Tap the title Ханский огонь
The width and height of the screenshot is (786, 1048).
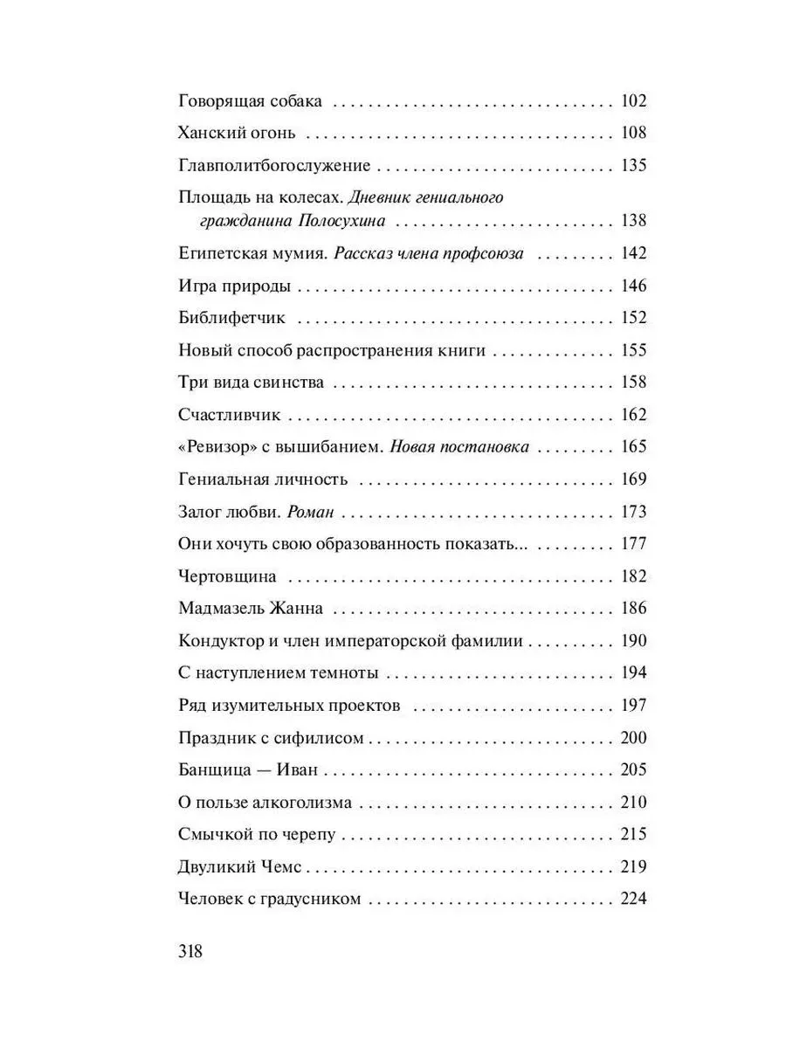coord(238,134)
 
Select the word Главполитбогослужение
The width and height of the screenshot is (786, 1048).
coord(275,166)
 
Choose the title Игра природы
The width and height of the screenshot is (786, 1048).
coord(234,286)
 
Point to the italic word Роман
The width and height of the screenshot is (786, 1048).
coord(311,512)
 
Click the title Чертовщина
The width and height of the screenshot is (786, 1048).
coord(228,576)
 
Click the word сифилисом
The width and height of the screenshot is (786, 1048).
coord(320,738)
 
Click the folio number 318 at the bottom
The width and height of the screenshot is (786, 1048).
coord(190,951)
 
